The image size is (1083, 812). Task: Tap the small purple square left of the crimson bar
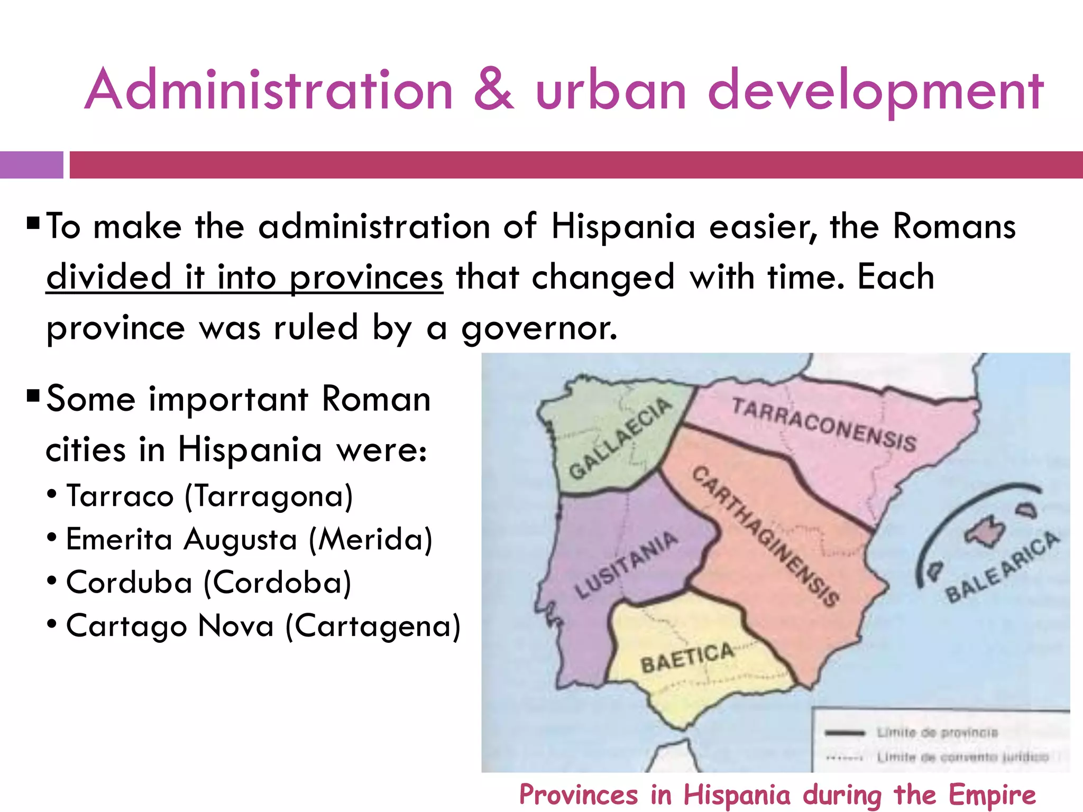click(31, 165)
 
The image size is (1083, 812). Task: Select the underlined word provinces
click(366, 278)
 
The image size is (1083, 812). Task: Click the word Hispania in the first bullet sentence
click(622, 227)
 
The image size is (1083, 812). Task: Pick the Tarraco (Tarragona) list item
click(209, 496)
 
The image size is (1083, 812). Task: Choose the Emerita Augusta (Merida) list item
click(249, 540)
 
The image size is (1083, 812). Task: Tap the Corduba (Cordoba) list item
click(208, 583)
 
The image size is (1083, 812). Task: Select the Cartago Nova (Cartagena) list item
click(263, 626)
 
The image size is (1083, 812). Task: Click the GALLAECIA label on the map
click(619, 438)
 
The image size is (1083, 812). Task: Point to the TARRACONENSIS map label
click(824, 425)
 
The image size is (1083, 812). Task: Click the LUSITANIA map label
click(626, 565)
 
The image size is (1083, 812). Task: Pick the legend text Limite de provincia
click(937, 733)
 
